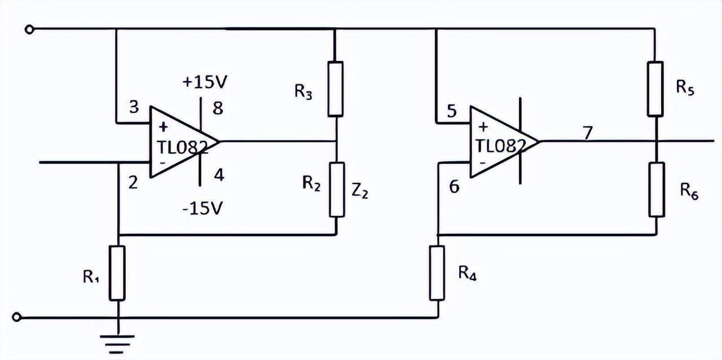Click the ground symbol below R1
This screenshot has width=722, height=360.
117,341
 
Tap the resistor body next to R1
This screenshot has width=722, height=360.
117,273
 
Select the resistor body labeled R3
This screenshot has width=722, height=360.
336,89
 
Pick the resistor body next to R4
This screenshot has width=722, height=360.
437,273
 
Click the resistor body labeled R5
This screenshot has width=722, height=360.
655,89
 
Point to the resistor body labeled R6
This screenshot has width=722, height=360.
655,189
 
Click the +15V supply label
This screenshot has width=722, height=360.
204,82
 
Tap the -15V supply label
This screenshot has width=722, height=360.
203,208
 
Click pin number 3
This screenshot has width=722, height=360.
134,108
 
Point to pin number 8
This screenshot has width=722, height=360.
218,108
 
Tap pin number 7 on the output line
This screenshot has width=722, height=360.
588,133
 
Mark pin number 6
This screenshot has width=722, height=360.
455,187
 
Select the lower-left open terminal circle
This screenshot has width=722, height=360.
17,317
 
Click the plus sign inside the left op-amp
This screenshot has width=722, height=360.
164,127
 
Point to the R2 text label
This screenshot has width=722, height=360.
311,183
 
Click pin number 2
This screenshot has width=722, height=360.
133,182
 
